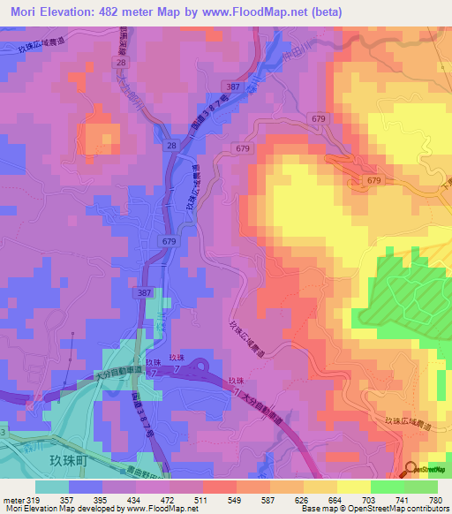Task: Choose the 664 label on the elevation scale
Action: (343, 500)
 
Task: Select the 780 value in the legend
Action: (435, 500)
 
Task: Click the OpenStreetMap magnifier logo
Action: (411, 470)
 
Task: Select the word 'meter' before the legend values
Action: (13, 500)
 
